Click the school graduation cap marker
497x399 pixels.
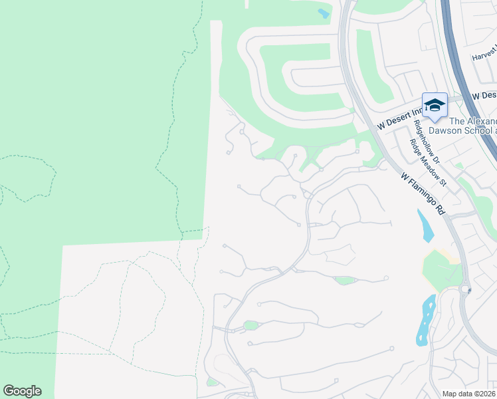click(x=435, y=105)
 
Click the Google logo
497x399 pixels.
click(x=22, y=391)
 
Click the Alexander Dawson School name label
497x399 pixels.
click(x=472, y=126)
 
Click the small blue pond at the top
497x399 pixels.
click(x=324, y=13)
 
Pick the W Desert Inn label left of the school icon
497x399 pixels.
click(x=399, y=117)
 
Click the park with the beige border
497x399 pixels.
click(x=440, y=268)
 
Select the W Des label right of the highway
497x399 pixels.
click(x=484, y=96)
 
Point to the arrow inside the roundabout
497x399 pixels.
click(x=468, y=290)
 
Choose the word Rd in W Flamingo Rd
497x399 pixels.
click(x=439, y=208)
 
